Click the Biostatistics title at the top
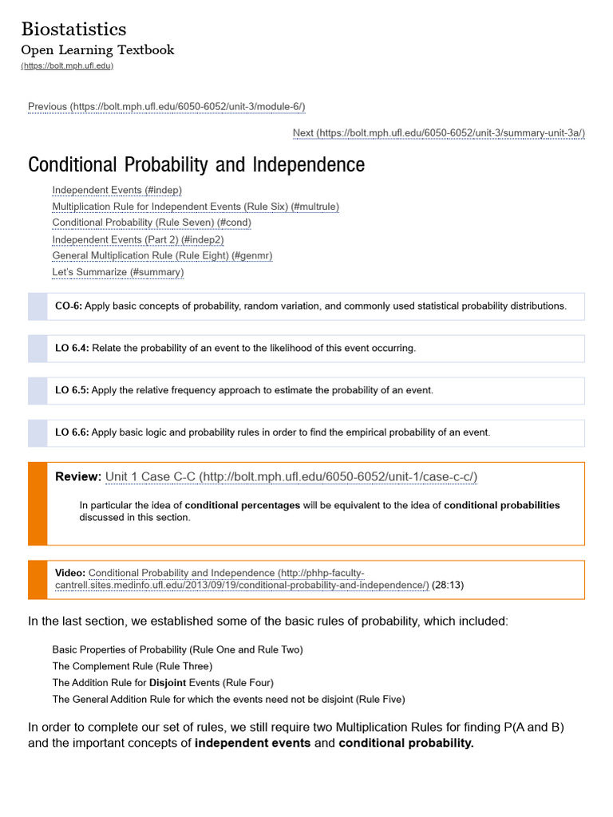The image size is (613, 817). coord(73,30)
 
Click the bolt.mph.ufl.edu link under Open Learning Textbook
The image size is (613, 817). coord(67,65)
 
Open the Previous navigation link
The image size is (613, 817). coord(166,107)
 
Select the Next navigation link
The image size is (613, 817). coord(438,132)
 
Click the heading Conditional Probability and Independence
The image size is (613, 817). coord(196,165)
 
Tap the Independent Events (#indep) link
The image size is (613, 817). coord(117,190)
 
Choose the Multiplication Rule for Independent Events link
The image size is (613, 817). coord(196,207)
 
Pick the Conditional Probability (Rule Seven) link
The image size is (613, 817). coord(152,223)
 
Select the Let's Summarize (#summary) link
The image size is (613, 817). coord(118,272)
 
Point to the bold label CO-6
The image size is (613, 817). coord(68,306)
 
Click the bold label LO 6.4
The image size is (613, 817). coord(72,349)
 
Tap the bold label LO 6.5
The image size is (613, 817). coord(72,390)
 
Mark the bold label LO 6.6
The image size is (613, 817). coord(72,432)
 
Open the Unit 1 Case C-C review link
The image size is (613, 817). coord(291,477)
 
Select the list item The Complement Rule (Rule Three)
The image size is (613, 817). coord(132,666)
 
